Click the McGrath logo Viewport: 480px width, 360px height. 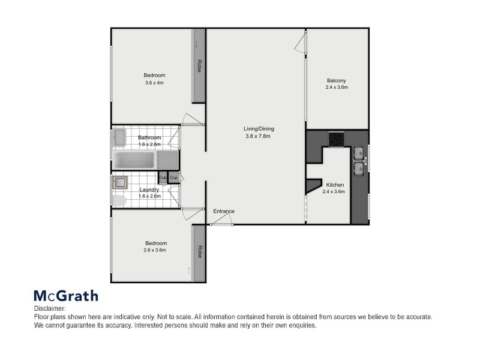65,296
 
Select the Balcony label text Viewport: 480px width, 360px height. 336,81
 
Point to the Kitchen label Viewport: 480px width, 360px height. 334,184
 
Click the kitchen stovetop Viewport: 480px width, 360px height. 335,139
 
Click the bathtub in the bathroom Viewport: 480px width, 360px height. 135,160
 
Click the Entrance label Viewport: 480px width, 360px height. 223,211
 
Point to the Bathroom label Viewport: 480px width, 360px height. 149,137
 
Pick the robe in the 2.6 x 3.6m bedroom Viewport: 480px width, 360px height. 198,253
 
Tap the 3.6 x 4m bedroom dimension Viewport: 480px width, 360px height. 154,83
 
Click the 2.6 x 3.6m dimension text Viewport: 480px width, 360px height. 155,250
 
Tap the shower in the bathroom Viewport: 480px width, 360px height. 167,160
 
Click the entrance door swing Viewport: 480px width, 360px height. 222,222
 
